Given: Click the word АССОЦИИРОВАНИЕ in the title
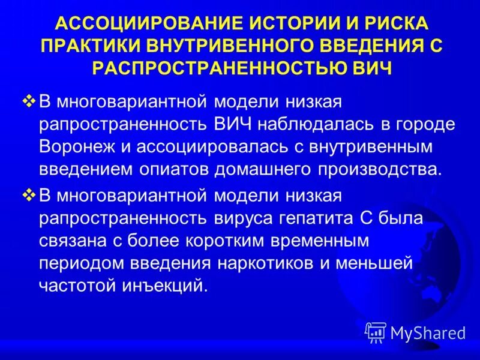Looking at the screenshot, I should pos(144,24).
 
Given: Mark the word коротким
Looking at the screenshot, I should pos(208,240).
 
